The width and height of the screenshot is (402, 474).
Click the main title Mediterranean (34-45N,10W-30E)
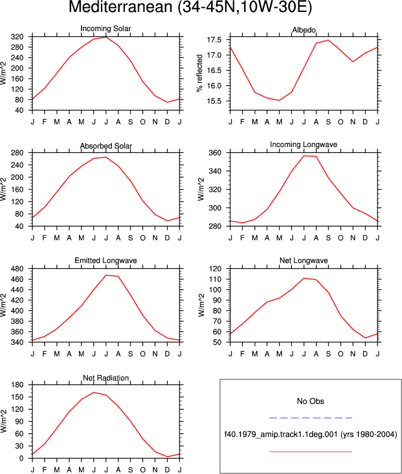click(x=190, y=7)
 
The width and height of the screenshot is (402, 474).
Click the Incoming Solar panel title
click(x=105, y=29)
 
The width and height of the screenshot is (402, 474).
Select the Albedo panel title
click(x=304, y=30)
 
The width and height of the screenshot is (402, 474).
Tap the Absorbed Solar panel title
click(x=106, y=146)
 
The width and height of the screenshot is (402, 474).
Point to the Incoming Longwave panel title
click(x=303, y=145)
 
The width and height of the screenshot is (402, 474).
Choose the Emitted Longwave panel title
click(x=105, y=261)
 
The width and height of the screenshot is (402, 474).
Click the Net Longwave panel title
click(x=303, y=261)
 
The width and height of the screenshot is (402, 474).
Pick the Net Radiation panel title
click(x=106, y=378)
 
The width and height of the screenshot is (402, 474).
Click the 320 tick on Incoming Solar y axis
click(x=17, y=37)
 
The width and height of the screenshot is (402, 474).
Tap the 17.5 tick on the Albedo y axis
click(x=214, y=40)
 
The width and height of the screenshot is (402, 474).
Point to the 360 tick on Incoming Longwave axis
click(x=215, y=152)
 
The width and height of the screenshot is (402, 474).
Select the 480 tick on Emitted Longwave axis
click(x=17, y=269)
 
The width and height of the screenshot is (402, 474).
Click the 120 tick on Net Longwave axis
click(x=215, y=269)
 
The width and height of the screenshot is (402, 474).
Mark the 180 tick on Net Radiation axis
click(x=17, y=385)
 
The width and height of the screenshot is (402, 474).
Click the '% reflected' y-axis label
click(x=199, y=74)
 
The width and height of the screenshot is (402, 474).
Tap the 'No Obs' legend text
click(x=310, y=401)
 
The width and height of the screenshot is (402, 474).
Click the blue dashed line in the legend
click(x=310, y=418)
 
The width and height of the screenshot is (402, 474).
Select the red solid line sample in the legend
click(x=310, y=452)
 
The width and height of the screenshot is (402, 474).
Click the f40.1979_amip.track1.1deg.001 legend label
click(x=281, y=435)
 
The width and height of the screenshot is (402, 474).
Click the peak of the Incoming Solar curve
click(x=105, y=37)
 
